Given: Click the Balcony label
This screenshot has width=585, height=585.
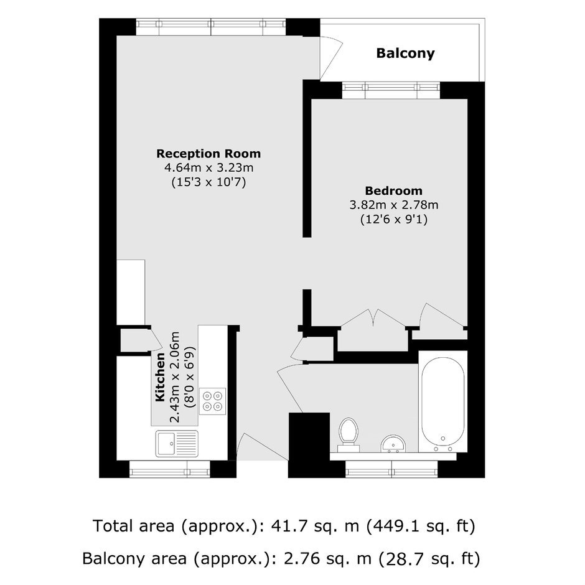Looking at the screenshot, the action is point(405,54).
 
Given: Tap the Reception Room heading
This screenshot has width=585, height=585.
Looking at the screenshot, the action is point(208,154).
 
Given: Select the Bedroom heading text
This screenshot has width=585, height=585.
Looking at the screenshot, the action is point(393,191).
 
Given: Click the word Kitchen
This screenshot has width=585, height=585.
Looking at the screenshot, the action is point(160,377).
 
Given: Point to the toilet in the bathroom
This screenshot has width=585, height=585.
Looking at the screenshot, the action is point(348,434).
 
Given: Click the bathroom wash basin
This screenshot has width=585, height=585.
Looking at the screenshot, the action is point(393,444).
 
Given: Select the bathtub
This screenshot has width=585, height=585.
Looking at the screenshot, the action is point(443,402).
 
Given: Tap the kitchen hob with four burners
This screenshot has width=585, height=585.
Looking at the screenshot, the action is point(212,401).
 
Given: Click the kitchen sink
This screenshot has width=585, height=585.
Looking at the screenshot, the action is point(177,444).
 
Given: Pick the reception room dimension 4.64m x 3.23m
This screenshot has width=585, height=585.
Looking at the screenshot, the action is point(209,168).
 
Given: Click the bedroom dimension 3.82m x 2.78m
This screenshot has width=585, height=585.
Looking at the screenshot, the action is point(393,205).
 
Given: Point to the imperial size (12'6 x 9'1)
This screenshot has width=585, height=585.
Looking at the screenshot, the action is point(393,219).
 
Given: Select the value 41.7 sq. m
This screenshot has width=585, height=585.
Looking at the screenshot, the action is point(316,526).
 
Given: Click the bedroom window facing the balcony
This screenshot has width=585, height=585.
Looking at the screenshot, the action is point(391,90).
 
